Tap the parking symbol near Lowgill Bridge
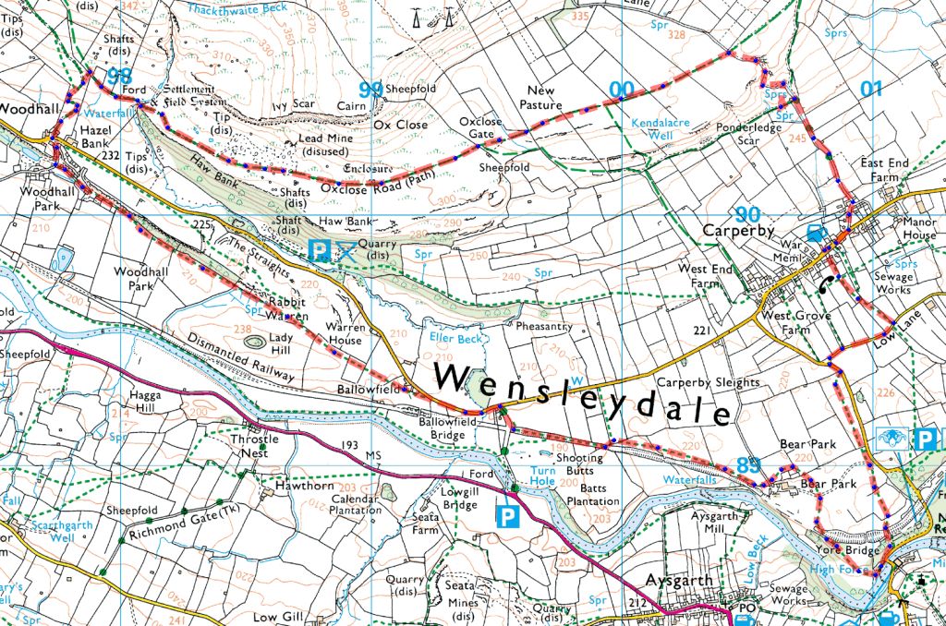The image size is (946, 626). pos(506,515)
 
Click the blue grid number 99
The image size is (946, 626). pos(370,90)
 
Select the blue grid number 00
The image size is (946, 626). pos(622,90)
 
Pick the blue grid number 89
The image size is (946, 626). pos(748,464)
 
